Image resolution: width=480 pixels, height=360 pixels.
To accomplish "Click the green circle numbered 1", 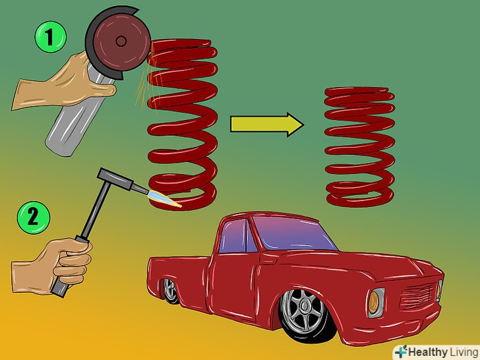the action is (x=51, y=37).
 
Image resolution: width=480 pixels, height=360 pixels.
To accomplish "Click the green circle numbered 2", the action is (x=34, y=218).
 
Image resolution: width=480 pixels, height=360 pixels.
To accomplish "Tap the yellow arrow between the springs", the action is (x=267, y=124).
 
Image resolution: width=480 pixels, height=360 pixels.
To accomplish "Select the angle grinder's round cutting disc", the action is (x=121, y=42).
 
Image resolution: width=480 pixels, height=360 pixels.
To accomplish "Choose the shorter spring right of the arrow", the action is (x=360, y=147).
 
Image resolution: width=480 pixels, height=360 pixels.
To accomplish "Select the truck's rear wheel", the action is (x=171, y=291).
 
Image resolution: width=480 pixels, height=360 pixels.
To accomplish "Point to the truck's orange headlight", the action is (x=373, y=303).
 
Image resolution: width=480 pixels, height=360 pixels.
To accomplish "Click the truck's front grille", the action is (x=419, y=295).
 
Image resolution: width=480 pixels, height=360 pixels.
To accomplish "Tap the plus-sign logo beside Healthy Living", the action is (x=401, y=351).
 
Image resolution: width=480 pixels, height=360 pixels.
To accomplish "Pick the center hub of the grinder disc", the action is (x=121, y=41).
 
